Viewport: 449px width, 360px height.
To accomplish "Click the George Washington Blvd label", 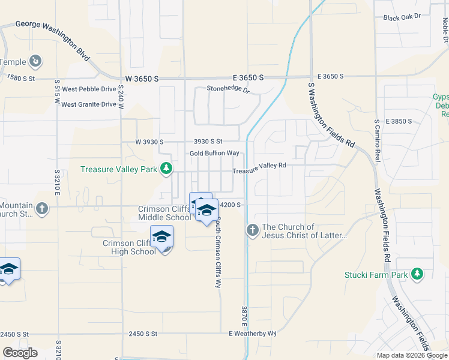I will (52, 37).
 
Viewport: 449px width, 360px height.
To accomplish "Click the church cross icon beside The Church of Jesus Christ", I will (252, 229).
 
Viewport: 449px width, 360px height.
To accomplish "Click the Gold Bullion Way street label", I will (214, 154).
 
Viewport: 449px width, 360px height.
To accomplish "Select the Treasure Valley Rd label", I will (259, 168).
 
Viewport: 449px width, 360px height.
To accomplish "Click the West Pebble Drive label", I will (89, 89).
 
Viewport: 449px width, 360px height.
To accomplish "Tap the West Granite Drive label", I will (89, 104).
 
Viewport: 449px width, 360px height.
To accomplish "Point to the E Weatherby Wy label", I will (252, 333).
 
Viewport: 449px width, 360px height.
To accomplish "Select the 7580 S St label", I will (21, 78).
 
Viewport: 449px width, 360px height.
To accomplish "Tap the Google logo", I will (20, 353).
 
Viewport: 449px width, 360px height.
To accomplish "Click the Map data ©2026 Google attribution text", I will (411, 355).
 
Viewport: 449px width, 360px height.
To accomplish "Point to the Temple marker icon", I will (35, 61).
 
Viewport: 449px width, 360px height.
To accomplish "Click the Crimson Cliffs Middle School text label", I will (164, 213).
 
